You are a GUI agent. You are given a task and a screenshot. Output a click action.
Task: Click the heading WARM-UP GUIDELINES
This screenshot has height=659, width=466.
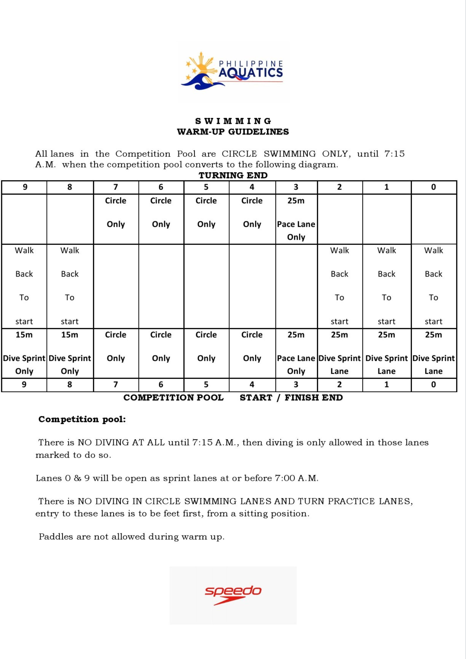(233, 132)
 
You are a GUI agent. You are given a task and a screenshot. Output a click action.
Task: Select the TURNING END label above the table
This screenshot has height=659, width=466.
(233, 175)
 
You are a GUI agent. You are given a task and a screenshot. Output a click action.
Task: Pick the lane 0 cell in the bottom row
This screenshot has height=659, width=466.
(433, 385)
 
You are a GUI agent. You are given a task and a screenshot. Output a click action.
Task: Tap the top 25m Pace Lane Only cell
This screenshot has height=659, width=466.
(296, 219)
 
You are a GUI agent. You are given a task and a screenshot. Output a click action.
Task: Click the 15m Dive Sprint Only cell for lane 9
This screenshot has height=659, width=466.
(24, 353)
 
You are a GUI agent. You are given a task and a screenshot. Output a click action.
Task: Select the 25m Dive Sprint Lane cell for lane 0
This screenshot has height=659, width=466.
(433, 353)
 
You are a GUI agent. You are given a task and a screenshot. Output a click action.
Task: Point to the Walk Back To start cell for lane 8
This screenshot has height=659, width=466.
(70, 286)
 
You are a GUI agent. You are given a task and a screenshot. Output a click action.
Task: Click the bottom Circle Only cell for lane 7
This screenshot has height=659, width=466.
(116, 347)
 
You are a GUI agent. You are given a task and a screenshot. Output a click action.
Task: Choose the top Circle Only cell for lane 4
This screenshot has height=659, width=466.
(252, 213)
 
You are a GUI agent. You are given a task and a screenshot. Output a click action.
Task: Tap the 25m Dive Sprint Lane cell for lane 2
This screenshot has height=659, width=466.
(339, 353)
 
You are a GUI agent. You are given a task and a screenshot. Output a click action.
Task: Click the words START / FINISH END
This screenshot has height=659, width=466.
(291, 398)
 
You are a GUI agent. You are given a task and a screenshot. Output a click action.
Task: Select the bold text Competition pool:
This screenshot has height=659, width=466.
(82, 419)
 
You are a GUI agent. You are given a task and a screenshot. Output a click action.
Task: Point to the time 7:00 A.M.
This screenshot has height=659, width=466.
(296, 478)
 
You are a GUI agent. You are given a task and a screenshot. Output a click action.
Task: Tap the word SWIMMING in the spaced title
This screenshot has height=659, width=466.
(233, 121)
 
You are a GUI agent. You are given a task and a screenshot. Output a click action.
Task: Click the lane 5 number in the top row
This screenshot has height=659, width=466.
(206, 187)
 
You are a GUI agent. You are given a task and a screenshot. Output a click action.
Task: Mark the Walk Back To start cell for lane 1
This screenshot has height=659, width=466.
(386, 286)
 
